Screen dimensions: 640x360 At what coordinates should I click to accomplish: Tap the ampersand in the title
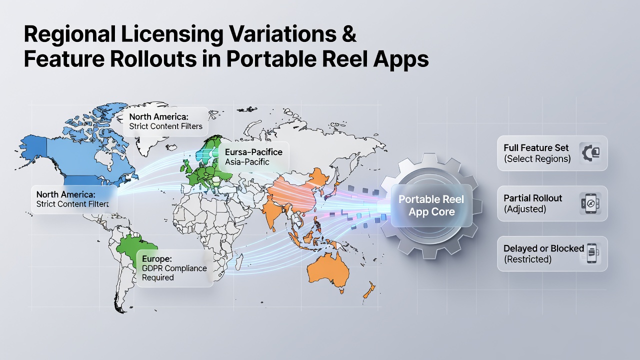[348, 34]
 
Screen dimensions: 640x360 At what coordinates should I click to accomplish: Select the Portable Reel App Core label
[431, 205]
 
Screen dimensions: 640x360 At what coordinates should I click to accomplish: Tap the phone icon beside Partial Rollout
[590, 203]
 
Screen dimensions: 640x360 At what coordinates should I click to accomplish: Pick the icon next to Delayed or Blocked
[591, 253]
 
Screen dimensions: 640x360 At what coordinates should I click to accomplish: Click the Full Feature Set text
[536, 147]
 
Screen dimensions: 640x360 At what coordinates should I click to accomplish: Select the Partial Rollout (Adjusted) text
[532, 203]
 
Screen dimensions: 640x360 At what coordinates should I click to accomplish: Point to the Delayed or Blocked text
[543, 248]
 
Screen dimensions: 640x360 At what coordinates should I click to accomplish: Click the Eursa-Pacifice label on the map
[253, 152]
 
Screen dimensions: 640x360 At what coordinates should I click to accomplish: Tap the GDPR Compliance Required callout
[175, 268]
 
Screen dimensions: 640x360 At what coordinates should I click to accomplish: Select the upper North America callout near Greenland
[166, 121]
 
